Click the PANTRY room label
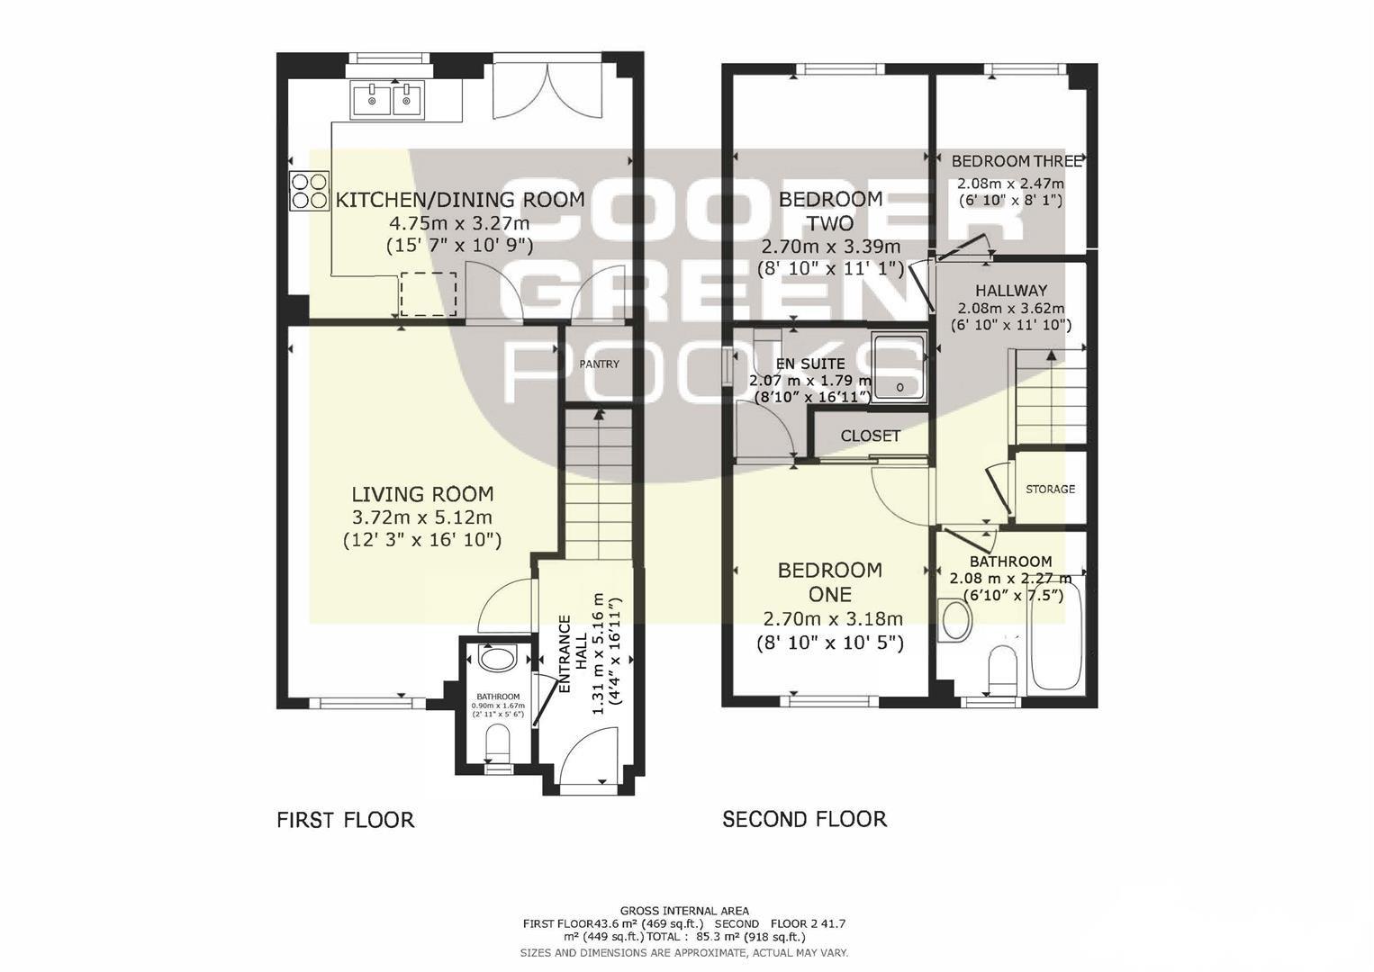[x=600, y=364]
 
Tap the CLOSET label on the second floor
[x=871, y=436]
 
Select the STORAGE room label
[x=1050, y=489]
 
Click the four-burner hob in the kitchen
[x=309, y=192]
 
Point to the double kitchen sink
[x=388, y=99]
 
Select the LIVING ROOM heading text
[x=422, y=494]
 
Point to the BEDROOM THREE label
[x=1017, y=161]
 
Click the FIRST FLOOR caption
[x=346, y=820]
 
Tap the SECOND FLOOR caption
[x=804, y=819]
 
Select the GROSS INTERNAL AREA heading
[x=684, y=912]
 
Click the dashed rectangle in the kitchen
[x=429, y=293]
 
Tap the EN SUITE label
[x=809, y=364]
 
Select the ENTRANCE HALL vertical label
[x=572, y=654]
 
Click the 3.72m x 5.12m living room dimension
[x=422, y=517]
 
